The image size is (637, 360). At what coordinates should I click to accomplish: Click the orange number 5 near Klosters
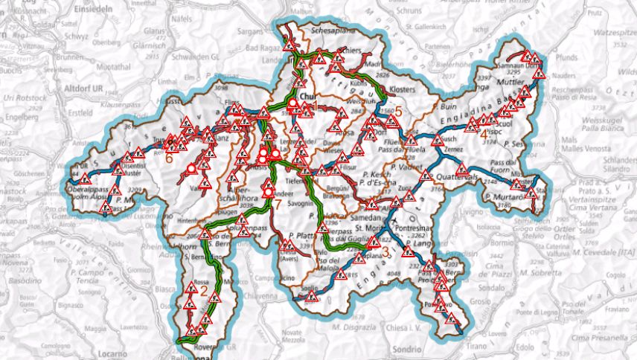click(x=397, y=112)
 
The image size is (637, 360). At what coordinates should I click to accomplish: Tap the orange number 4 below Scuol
click(x=483, y=134)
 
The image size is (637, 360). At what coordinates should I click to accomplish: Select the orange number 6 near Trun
click(x=169, y=158)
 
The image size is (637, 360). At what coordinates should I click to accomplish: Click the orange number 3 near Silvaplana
click(x=385, y=251)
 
